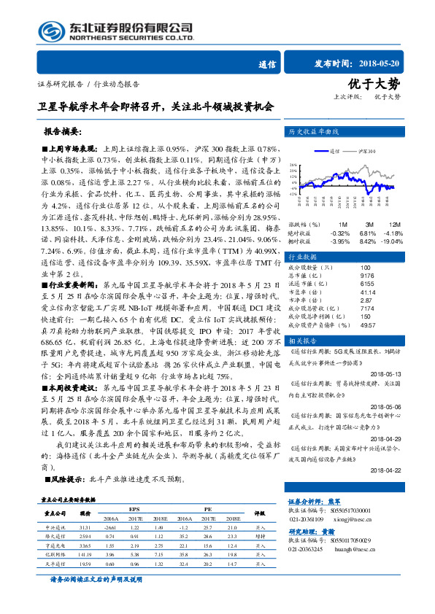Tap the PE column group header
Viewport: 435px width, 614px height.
click(x=208, y=508)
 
